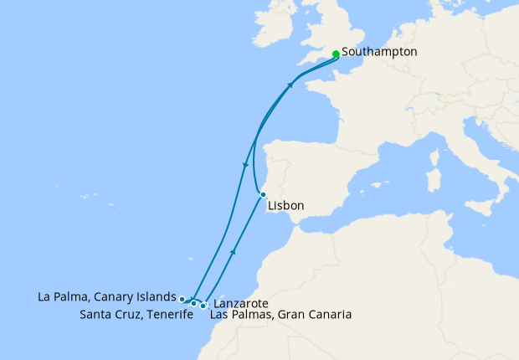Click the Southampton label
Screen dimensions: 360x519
pos(379,52)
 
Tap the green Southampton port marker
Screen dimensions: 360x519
pos(336,54)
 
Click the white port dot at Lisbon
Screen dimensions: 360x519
pos(263,194)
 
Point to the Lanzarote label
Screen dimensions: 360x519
pos(241,303)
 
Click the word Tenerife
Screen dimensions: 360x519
pos(157,315)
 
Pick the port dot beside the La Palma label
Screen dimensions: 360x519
pos(182,298)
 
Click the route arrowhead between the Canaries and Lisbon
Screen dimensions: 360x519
pos(233,250)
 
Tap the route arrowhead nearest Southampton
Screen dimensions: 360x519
pos(291,85)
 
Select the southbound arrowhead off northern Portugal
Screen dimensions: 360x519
pos(244,165)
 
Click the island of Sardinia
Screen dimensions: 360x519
pos(434,179)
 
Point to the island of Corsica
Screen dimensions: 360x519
pos(436,155)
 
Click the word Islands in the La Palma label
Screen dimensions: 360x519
pos(157,297)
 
